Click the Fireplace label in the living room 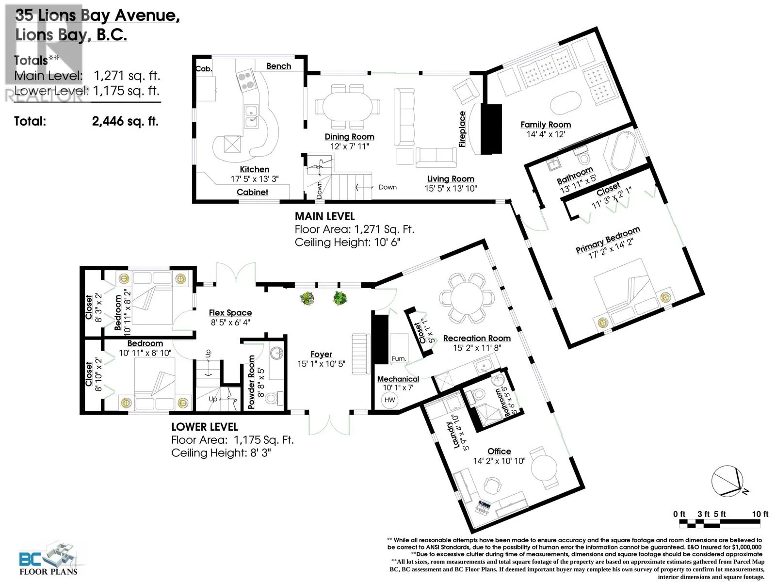click(462, 129)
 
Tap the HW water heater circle click(389, 400)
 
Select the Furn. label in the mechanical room click(399, 358)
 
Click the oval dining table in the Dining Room click(347, 106)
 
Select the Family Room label click(546, 124)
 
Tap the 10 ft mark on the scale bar click(760, 514)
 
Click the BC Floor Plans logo click(49, 558)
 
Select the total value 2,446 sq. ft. click(126, 121)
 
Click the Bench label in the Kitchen click(278, 66)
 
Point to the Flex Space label click(230, 313)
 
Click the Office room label click(499, 451)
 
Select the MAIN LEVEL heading click(325, 216)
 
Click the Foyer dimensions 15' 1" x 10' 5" click(321, 364)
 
